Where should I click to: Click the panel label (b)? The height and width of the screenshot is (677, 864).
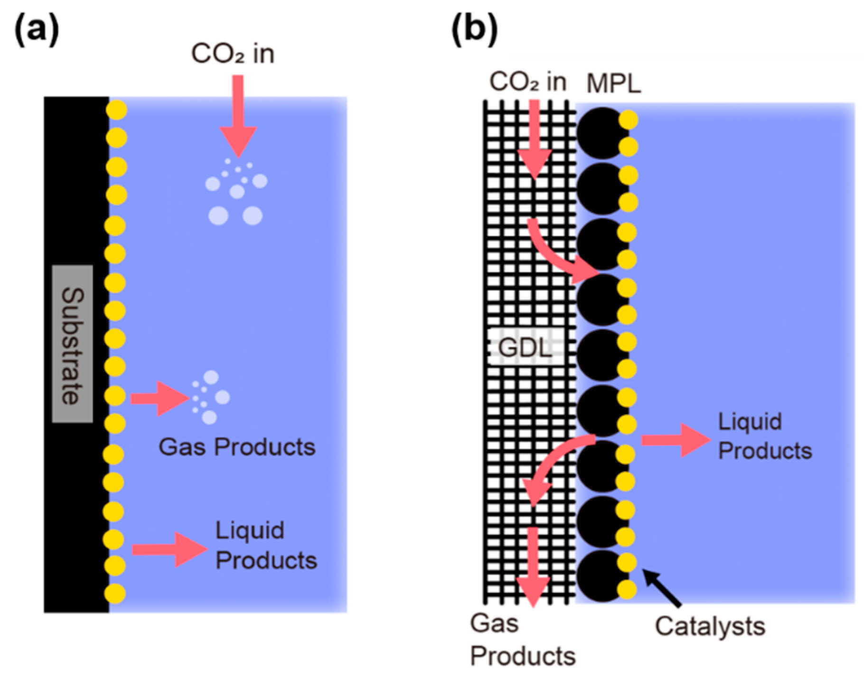click(474, 30)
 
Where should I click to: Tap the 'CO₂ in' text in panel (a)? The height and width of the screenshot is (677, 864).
click(233, 54)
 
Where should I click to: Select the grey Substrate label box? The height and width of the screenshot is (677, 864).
click(72, 343)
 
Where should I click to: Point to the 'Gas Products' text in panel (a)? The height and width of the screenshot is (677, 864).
click(237, 447)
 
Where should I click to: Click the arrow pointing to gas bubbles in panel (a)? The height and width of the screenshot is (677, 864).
click(159, 399)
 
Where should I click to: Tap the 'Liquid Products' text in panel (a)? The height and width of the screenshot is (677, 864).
click(266, 546)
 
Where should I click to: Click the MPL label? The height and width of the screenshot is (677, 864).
click(613, 84)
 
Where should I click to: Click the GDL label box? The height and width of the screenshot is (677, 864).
click(526, 348)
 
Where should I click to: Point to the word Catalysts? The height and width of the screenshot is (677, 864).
click(710, 626)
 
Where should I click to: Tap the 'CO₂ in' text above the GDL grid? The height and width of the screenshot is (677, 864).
click(528, 82)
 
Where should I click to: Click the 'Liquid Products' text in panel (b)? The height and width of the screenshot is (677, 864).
click(764, 436)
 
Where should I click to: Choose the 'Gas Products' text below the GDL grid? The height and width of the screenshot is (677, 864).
click(522, 640)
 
